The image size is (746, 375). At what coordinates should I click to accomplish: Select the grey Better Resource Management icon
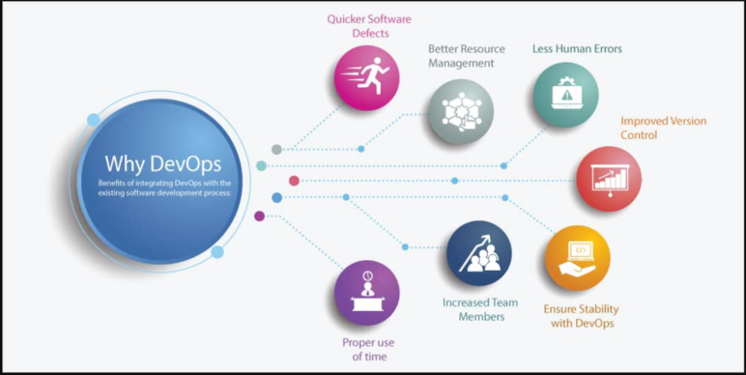point(461,111)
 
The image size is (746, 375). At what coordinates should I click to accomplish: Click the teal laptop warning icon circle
point(565,95)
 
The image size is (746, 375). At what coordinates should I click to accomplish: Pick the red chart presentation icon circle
point(609,179)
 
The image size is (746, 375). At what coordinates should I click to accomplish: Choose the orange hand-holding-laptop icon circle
point(577,258)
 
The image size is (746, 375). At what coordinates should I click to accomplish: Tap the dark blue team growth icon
point(478,253)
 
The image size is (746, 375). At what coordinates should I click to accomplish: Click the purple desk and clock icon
point(366,292)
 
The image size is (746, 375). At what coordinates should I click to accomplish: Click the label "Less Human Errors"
point(577,48)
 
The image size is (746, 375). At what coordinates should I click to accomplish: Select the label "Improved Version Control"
point(663,128)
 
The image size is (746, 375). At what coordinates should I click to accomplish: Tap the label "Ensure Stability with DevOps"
point(581,316)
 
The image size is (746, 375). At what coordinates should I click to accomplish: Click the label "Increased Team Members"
point(480,308)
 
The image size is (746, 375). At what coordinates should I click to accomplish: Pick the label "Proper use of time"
point(367,349)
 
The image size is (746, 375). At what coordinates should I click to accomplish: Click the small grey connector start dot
point(276,149)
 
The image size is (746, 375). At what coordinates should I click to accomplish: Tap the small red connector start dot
point(294,181)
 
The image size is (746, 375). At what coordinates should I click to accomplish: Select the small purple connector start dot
point(259,216)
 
